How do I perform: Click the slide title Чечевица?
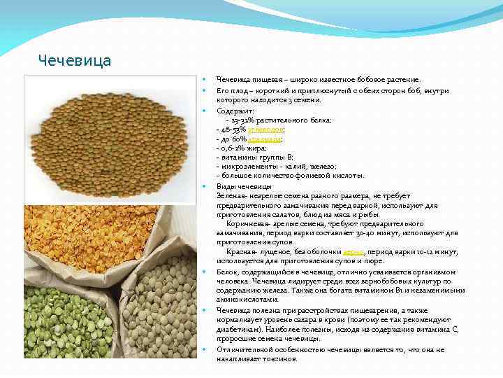pos(75,60)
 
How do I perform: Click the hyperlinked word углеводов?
pos(267,129)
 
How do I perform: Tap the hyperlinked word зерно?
pos(353,251)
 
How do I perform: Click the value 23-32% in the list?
pos(242,120)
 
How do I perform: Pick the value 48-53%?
pos(229,129)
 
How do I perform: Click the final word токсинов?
pos(277,358)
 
